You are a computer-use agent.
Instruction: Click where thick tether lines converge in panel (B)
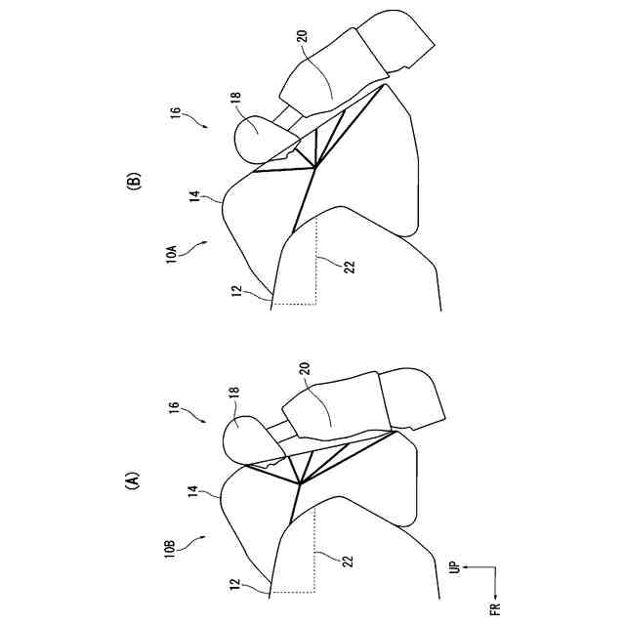tap(314, 169)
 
